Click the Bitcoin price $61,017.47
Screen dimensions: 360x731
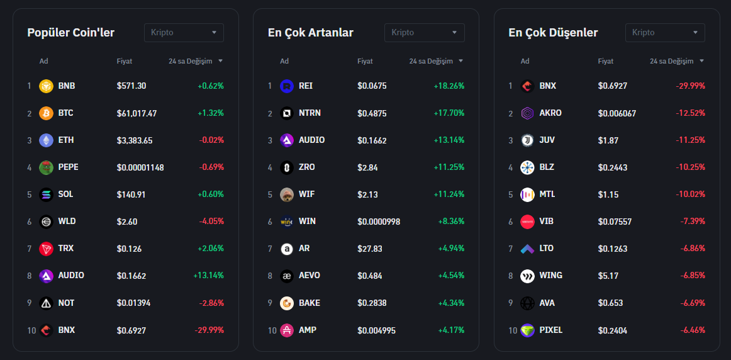pyautogui.click(x=137, y=113)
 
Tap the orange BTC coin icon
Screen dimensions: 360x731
pyautogui.click(x=46, y=113)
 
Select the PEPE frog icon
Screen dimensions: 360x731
pyautogui.click(x=46, y=167)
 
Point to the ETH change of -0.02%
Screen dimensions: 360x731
pyautogui.click(x=211, y=140)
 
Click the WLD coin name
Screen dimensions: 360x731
pyautogui.click(x=66, y=222)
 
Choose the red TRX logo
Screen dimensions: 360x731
pyautogui.click(x=46, y=249)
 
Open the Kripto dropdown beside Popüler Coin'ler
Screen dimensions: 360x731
pyautogui.click(x=184, y=33)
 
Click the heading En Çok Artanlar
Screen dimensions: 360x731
pyautogui.click(x=310, y=33)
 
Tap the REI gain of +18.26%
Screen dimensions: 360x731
pyautogui.click(x=449, y=86)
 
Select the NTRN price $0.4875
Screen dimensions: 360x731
pyautogui.click(x=372, y=113)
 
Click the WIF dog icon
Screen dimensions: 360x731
pyautogui.click(x=287, y=194)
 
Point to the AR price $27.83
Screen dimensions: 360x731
pyautogui.click(x=369, y=249)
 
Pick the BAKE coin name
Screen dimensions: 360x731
pyautogui.click(x=309, y=303)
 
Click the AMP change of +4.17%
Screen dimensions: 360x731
pyautogui.click(x=451, y=330)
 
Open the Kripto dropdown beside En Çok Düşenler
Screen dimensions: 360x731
pyautogui.click(x=665, y=33)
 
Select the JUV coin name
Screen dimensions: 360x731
pyautogui.click(x=547, y=140)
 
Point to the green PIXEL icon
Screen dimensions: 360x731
pyautogui.click(x=527, y=330)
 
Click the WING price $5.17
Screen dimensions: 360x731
pyautogui.click(x=608, y=276)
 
